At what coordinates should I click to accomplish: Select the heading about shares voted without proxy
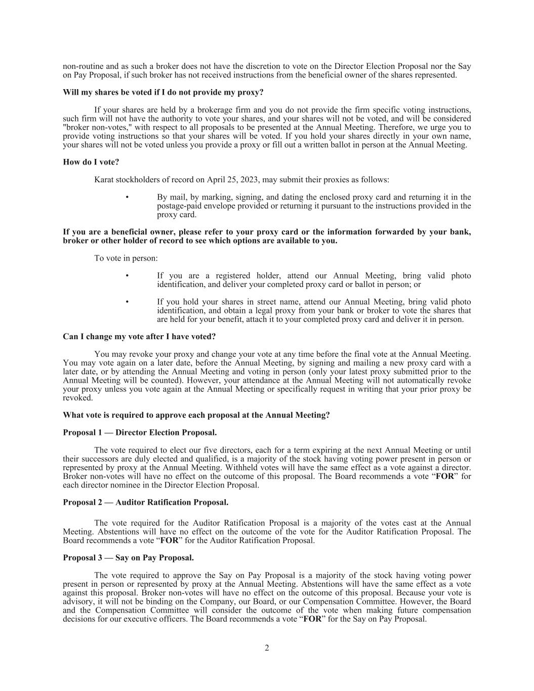click(163, 93)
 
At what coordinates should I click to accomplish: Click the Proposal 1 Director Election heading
click(140, 433)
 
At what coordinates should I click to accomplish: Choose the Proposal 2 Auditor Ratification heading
click(145, 503)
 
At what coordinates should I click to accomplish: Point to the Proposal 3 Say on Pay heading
click(128, 558)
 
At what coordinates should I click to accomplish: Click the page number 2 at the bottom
click(267, 648)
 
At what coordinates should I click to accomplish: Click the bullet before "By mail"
click(127, 197)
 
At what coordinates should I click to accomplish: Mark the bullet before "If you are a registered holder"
click(127, 275)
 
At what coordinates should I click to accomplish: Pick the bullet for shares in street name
click(127, 302)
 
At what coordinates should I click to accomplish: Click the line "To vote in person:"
click(126, 258)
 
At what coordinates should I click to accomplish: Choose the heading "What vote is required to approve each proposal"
click(196, 415)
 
